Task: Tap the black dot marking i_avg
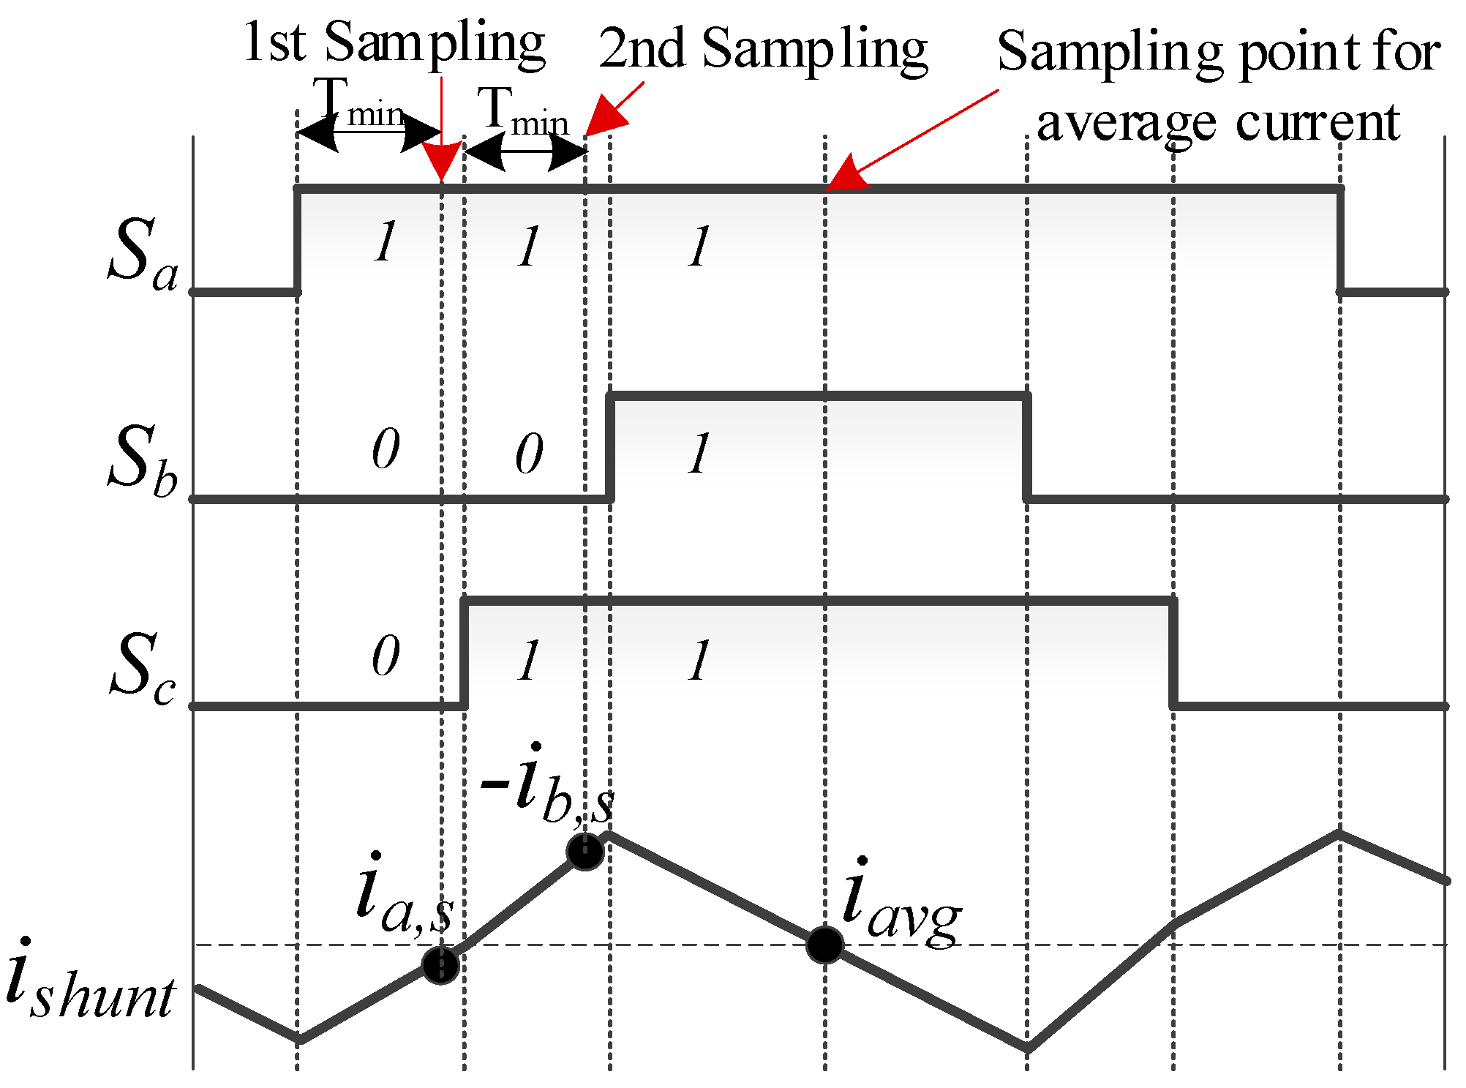pyautogui.click(x=825, y=945)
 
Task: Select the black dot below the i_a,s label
pyautogui.click(x=440, y=965)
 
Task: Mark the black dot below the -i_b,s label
pyautogui.click(x=584, y=851)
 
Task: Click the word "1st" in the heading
pyautogui.click(x=274, y=42)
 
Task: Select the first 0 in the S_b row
pyautogui.click(x=386, y=449)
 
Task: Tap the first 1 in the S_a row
pyautogui.click(x=386, y=241)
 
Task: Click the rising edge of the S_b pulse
pyautogui.click(x=610, y=448)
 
